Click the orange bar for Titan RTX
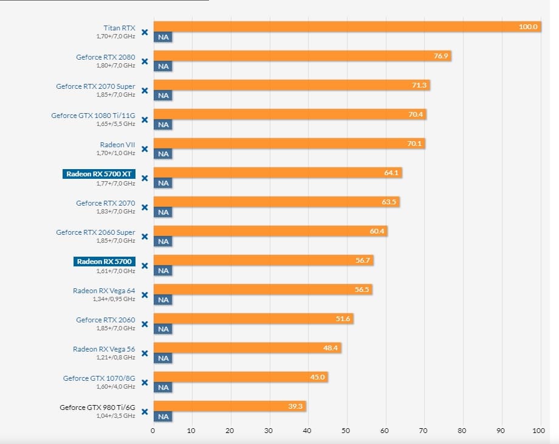pyautogui.click(x=346, y=27)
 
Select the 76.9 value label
pyautogui.click(x=441, y=56)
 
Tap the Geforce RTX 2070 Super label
pyautogui.click(x=95, y=86)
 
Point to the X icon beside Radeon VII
pyautogui.click(x=145, y=149)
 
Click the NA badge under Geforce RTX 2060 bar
pyautogui.click(x=163, y=329)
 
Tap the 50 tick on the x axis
pyautogui.click(x=346, y=431)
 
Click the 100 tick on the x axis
pyautogui.click(x=538, y=431)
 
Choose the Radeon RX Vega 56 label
pyautogui.click(x=104, y=349)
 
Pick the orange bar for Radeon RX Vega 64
pyautogui.click(x=262, y=290)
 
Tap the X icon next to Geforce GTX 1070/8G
pyautogui.click(x=145, y=383)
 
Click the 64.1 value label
pyautogui.click(x=391, y=173)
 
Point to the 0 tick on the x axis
pyautogui.click(x=153, y=431)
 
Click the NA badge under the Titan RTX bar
pyautogui.click(x=163, y=37)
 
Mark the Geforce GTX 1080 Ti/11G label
pyautogui.click(x=93, y=116)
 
